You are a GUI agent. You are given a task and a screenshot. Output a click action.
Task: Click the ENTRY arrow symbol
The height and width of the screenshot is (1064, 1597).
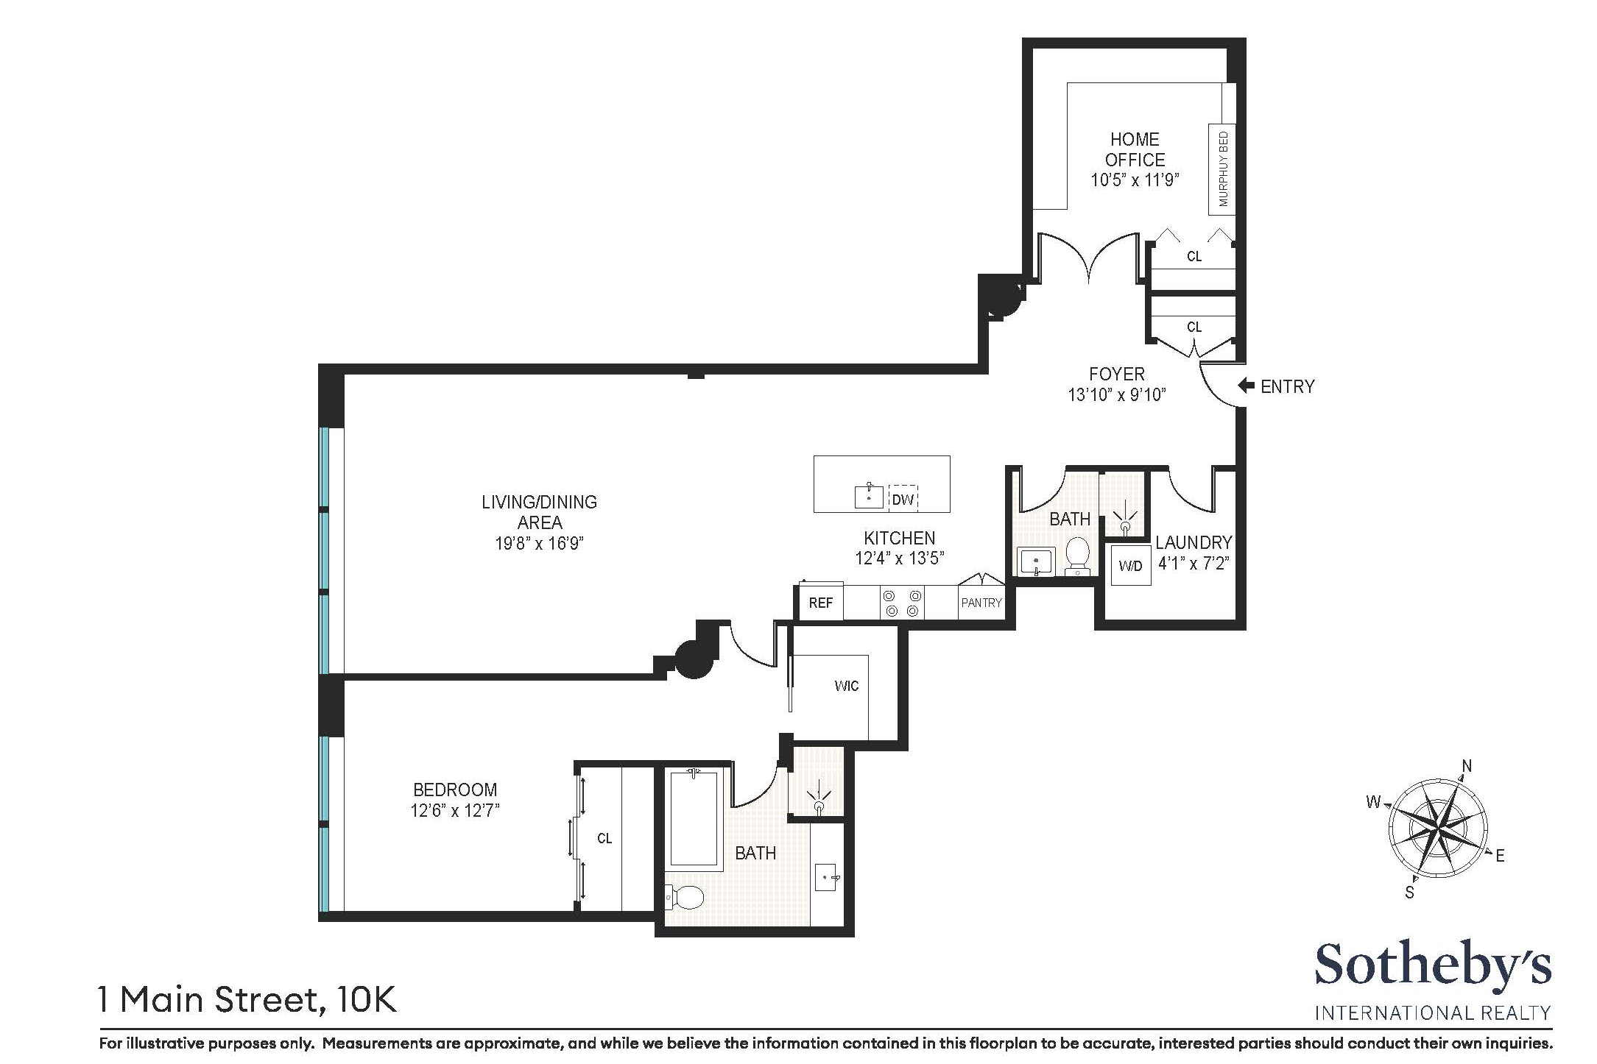[x=1247, y=386]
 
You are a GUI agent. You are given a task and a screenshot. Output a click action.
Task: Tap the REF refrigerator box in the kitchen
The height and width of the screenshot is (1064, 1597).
[x=820, y=603]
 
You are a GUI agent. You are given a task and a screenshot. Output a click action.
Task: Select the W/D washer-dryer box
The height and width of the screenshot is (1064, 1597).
[x=1130, y=565]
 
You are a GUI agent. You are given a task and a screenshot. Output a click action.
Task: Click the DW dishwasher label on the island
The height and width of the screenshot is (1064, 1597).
[x=903, y=500]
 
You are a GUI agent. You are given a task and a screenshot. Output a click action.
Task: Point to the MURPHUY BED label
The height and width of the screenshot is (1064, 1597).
[x=1223, y=169]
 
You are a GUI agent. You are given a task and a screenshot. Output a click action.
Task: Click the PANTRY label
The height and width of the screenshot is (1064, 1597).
[x=981, y=603]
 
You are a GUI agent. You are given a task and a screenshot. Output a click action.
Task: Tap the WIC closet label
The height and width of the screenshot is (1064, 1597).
[x=846, y=686]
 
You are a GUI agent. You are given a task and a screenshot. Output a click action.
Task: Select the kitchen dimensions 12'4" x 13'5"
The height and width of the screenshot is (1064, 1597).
[x=899, y=558]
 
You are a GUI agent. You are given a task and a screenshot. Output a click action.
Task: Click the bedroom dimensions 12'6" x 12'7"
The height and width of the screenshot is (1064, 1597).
[x=455, y=811]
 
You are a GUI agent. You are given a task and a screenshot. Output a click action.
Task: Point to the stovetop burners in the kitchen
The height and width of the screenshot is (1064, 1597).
[x=903, y=603]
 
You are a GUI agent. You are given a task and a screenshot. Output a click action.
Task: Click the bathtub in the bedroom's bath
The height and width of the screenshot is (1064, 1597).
[x=693, y=817]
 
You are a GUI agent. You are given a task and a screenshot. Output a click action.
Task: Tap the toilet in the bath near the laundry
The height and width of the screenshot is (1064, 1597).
[x=1078, y=556]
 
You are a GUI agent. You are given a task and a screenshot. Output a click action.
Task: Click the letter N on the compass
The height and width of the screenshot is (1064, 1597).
[x=1466, y=767]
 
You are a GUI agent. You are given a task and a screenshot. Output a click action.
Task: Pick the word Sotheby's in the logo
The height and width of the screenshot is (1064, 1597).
[x=1432, y=965]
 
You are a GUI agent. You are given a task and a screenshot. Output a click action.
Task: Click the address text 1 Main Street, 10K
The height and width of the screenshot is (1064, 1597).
[x=248, y=1000]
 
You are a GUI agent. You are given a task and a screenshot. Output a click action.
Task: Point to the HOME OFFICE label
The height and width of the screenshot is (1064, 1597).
[x=1135, y=149]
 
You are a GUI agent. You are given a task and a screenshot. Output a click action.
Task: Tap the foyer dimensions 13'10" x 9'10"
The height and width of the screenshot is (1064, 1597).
[x=1117, y=395]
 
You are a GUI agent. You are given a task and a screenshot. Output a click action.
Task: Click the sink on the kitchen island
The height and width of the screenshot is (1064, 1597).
[x=870, y=497]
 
